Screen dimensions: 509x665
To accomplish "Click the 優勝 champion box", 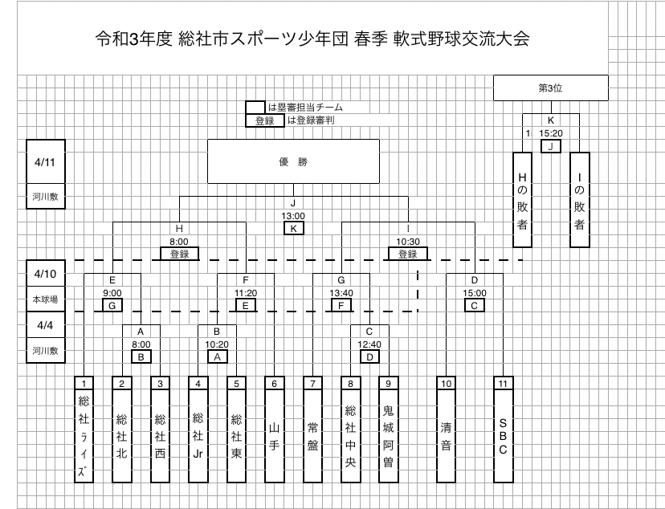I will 293,162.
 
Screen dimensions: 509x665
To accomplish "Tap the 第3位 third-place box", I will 550,88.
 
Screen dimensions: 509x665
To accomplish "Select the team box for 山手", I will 274,436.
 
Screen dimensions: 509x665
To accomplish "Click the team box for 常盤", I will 312,436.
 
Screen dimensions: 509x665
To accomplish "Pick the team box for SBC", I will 503,436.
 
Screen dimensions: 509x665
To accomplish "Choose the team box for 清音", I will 446,436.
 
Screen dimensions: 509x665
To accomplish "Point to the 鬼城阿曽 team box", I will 388,436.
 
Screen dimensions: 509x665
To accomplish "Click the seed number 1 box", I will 83,383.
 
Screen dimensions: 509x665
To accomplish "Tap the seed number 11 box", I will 503,383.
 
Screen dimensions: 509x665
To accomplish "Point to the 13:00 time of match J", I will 293,216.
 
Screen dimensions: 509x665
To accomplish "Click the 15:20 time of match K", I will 550,133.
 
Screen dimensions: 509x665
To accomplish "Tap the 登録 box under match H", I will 178,254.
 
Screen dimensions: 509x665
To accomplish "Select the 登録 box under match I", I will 407,254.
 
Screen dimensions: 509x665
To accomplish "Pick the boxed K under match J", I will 293,228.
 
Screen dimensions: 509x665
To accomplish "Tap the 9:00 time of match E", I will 112,293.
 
